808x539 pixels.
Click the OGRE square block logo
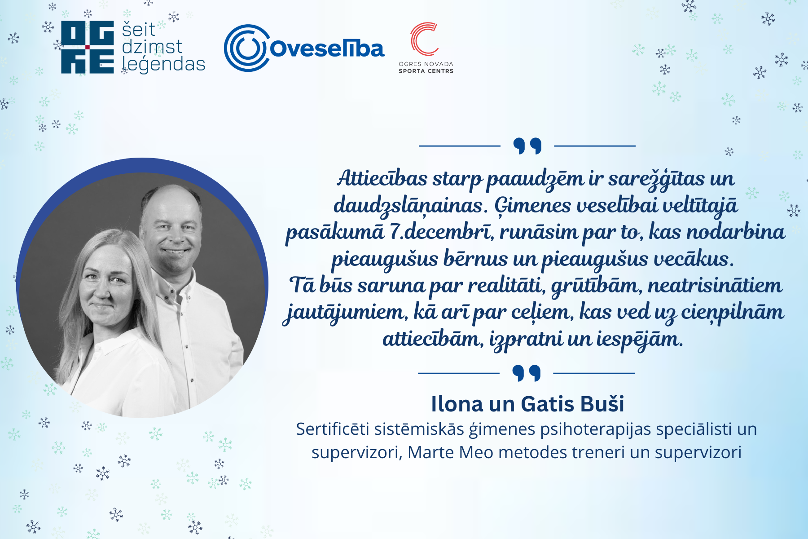(x=88, y=47)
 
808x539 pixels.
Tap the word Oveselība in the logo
(x=327, y=49)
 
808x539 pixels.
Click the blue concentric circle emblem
(x=246, y=48)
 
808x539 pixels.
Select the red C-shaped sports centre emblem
(x=424, y=39)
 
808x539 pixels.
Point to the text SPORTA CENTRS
(x=426, y=71)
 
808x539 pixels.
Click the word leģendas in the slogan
(x=163, y=64)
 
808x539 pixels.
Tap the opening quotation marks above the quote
(x=527, y=146)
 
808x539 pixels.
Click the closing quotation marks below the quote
(x=527, y=373)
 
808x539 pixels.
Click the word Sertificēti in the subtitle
(x=333, y=429)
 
